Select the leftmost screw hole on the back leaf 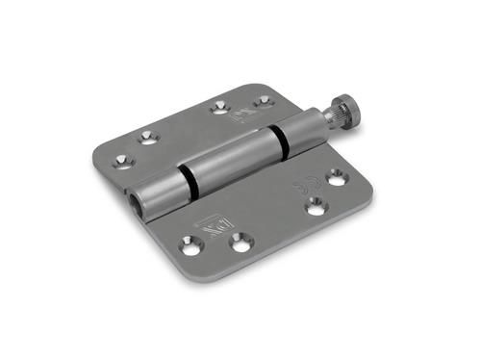(121, 160)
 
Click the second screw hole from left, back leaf (146, 138)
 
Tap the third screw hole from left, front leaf (315, 204)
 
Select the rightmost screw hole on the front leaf (336, 177)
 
